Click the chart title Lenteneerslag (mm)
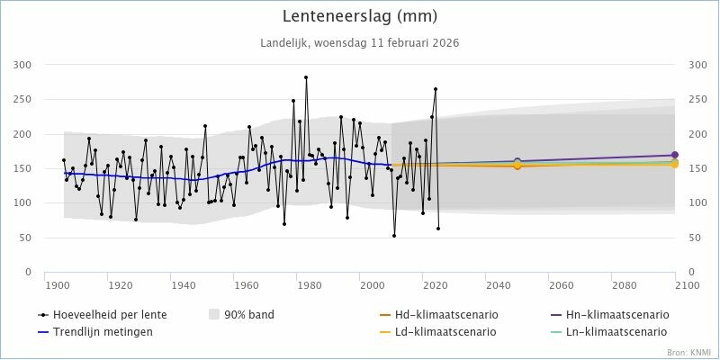[359, 16]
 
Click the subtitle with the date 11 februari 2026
[359, 42]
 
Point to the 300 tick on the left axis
[21, 65]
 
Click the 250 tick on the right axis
[698, 100]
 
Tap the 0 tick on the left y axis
[27, 272]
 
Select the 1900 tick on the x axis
[58, 285]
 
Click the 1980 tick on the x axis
[309, 285]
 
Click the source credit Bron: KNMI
[688, 352]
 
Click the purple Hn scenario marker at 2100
[674, 156]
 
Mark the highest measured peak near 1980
[306, 77]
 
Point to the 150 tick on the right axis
[698, 168]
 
